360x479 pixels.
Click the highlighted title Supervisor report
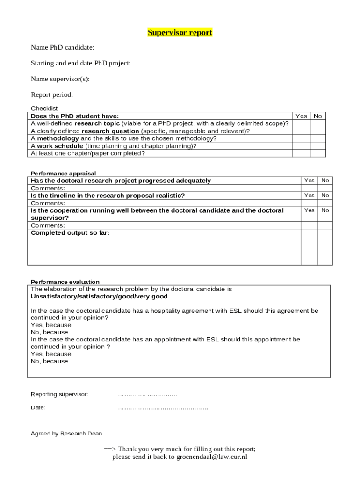pos(180,33)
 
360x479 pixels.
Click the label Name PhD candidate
pos(63,47)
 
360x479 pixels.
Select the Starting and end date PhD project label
pos(80,63)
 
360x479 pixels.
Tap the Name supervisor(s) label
pos(60,79)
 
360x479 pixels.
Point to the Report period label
pos(52,95)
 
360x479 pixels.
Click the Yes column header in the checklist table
pos(302,116)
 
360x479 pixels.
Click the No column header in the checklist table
pos(318,116)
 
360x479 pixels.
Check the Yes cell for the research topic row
pos(302,123)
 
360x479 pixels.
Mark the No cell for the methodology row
pos(318,138)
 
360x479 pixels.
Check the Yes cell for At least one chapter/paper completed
pos(302,153)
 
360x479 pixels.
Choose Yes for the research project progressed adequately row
pos(310,181)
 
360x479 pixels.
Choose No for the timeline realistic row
pos(325,196)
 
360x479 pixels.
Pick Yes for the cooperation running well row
pos(310,210)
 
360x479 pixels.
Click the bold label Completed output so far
pos(70,233)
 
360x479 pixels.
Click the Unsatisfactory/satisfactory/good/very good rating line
pos(99,297)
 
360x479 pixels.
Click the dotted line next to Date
pos(163,408)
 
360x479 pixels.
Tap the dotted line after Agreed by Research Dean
pos(170,434)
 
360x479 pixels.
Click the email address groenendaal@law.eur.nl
pos(211,457)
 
